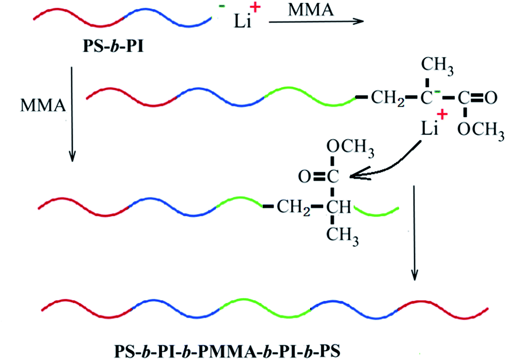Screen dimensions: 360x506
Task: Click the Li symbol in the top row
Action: tap(242, 21)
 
